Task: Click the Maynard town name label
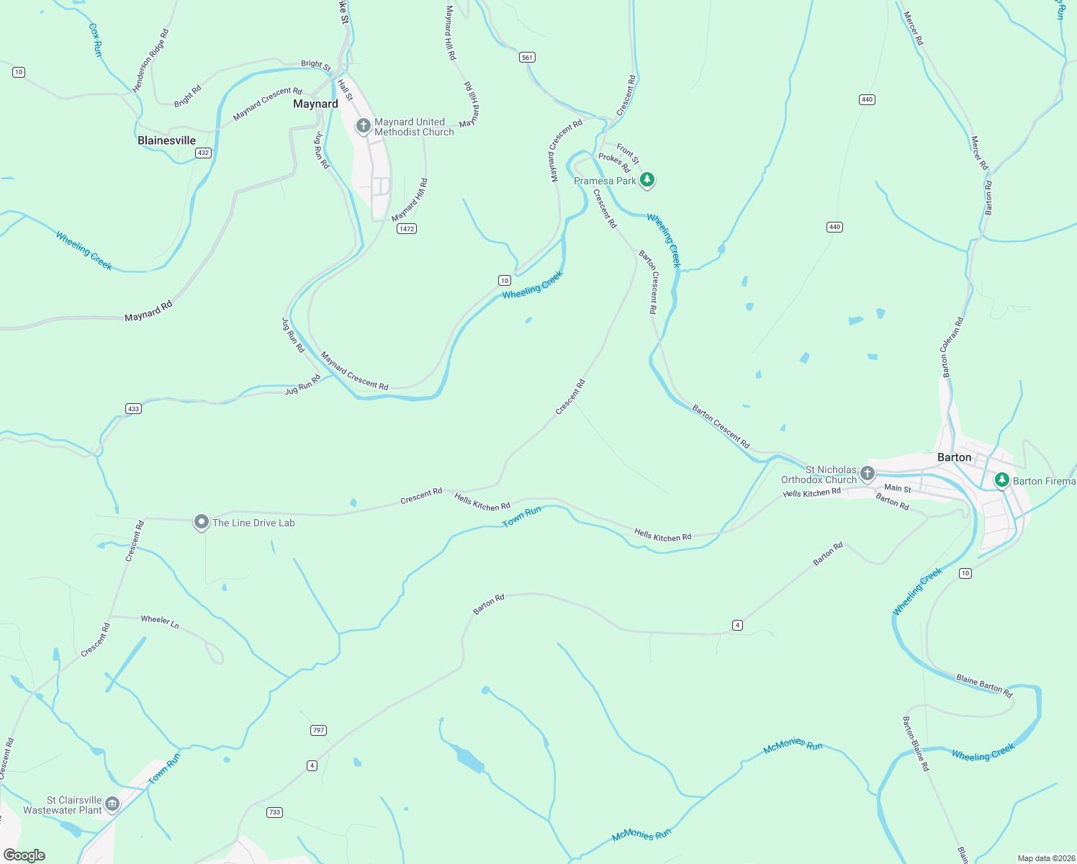[315, 104]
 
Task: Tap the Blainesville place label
[166, 140]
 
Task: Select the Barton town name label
[954, 457]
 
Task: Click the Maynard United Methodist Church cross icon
[364, 126]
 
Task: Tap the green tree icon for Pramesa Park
[647, 179]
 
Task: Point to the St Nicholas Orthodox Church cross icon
[868, 473]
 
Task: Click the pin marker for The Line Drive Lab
[202, 522]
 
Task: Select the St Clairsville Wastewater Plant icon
[112, 804]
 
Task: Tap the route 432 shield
[204, 153]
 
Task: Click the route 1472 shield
[407, 228]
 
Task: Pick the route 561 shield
[528, 58]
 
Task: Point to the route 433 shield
[133, 408]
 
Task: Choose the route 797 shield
[319, 730]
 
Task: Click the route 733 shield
[274, 812]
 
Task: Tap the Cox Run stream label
[95, 40]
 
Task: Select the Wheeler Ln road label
[160, 621]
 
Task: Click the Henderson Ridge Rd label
[150, 60]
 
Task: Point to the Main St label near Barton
[897, 488]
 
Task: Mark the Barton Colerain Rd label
[952, 348]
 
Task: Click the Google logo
[24, 855]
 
